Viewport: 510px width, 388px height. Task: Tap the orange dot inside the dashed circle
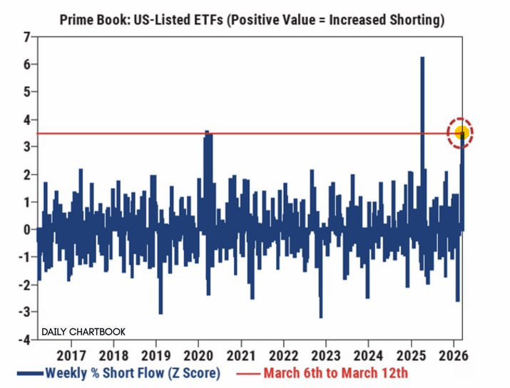461,132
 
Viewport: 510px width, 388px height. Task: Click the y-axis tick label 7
26,36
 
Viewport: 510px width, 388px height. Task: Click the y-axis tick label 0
26,229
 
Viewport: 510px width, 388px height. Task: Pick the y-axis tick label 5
26,91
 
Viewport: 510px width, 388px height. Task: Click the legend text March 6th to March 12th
335,372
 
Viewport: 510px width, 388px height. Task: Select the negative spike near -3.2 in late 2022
321,316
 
